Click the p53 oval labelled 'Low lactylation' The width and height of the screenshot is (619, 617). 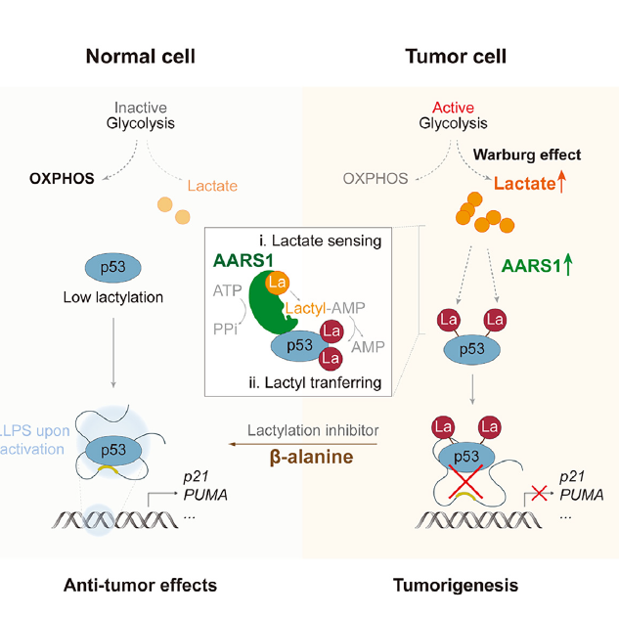click(x=113, y=267)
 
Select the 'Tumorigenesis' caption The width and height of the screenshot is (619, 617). click(x=456, y=585)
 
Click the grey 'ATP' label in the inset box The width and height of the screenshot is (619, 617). click(x=227, y=290)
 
